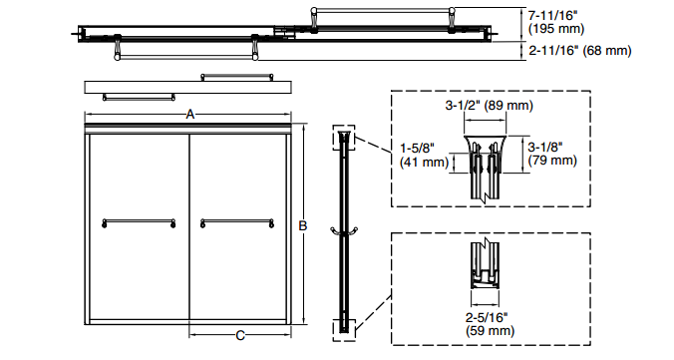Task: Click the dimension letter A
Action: [x=190, y=115]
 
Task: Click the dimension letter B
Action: [x=303, y=225]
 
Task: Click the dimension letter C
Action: [x=240, y=335]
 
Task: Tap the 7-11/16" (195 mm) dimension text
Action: [x=556, y=22]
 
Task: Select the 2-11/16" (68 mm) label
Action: [x=580, y=51]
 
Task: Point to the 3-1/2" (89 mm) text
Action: [x=490, y=106]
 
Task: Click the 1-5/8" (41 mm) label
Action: [x=425, y=155]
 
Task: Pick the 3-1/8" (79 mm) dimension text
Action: [x=552, y=154]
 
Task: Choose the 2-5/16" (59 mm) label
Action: [x=490, y=324]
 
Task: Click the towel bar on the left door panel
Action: [x=139, y=222]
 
